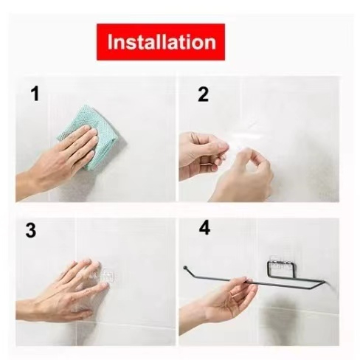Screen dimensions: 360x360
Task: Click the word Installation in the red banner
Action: tap(162, 42)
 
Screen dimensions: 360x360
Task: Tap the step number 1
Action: tap(35, 94)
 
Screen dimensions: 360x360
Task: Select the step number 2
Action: tap(203, 94)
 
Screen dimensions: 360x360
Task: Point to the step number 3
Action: tap(31, 230)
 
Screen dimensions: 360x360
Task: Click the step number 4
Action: tap(204, 228)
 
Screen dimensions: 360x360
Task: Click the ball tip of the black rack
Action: tap(185, 267)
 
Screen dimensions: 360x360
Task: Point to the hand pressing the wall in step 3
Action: tap(64, 290)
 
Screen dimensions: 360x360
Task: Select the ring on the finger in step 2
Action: tap(207, 164)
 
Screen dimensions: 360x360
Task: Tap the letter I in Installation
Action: tap(110, 42)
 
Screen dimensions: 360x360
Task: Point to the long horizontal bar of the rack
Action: tap(256, 283)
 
